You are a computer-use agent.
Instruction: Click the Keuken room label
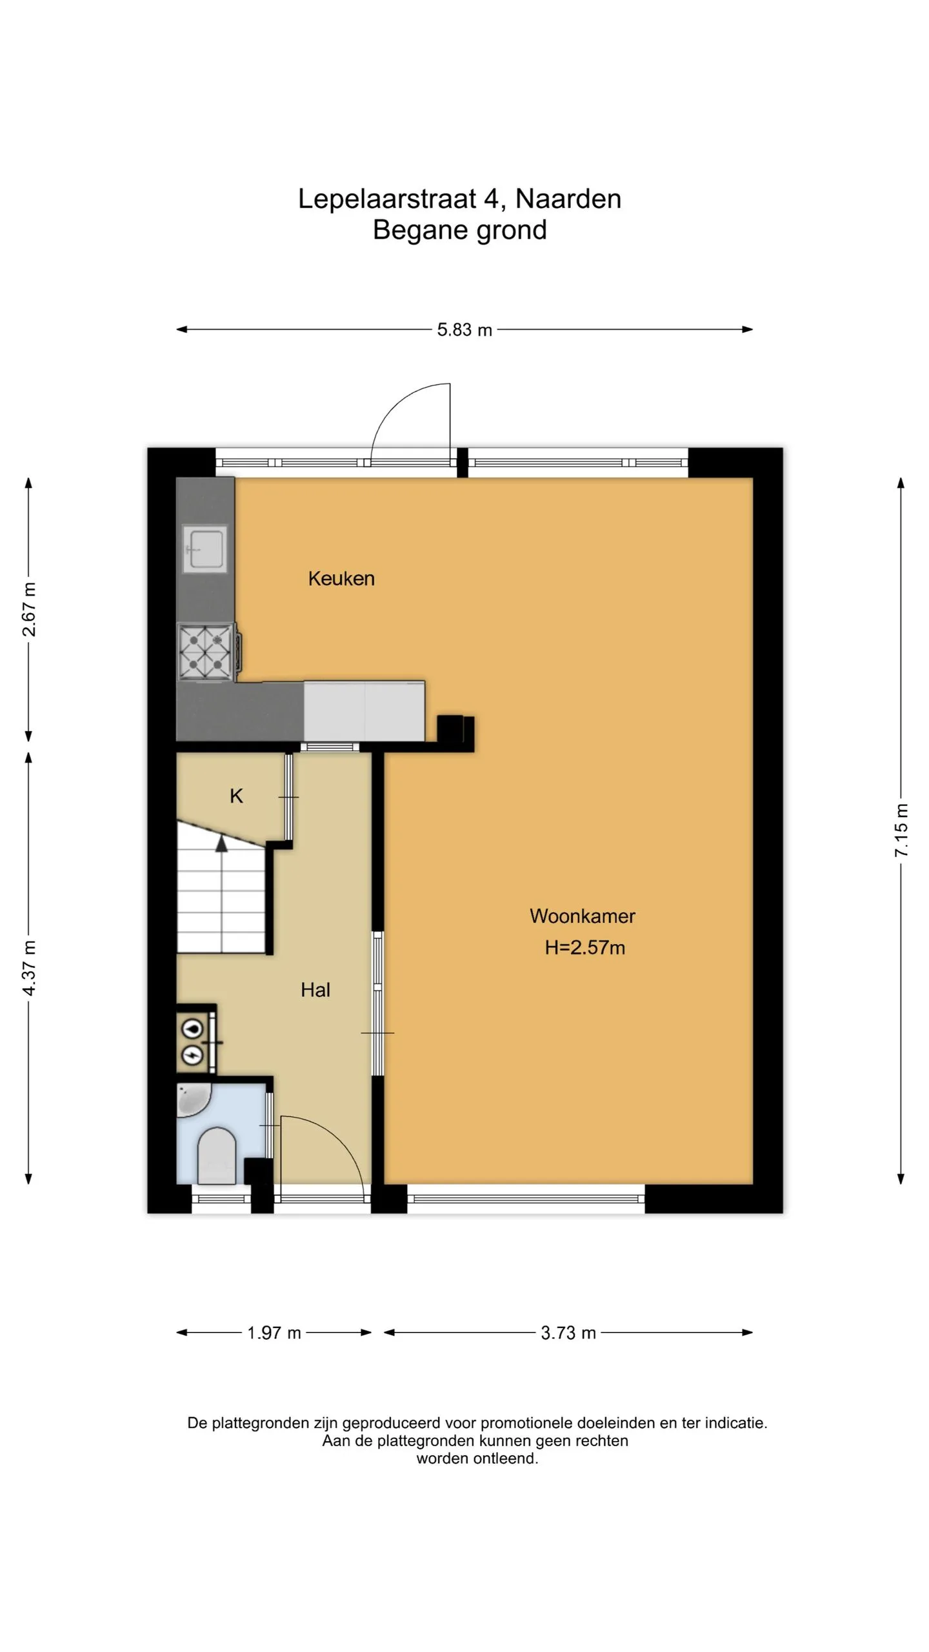point(341,578)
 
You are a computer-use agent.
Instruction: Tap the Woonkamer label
point(583,916)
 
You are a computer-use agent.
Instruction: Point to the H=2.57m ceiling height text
point(585,947)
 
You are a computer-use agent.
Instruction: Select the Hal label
point(315,990)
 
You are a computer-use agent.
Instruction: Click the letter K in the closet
point(237,796)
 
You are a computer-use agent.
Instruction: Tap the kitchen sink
point(205,549)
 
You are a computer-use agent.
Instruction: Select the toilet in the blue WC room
point(217,1156)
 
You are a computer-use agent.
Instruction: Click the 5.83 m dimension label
point(464,330)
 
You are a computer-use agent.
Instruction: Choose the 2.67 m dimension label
point(30,609)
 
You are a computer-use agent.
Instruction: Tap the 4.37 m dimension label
point(30,968)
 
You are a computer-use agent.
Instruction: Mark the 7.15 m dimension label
point(901,830)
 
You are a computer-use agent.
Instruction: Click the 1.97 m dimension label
point(274,1333)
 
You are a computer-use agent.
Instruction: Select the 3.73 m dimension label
point(568,1333)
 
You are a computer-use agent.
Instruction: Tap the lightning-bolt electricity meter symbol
point(193,1054)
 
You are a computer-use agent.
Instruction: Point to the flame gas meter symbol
point(193,1028)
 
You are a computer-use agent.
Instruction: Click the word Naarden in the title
point(568,199)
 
